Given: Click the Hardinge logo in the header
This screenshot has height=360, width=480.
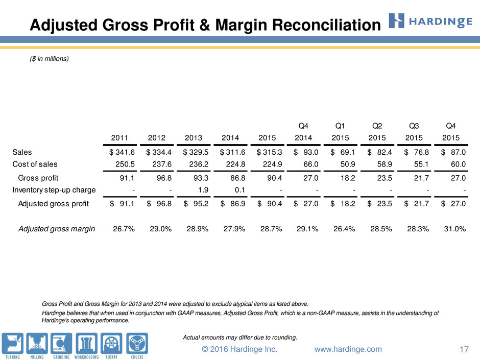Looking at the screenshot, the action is [x=430, y=21].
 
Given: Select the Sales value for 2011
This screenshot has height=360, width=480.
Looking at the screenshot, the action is [x=122, y=152].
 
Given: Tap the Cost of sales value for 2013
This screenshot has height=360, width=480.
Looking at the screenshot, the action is [x=199, y=164].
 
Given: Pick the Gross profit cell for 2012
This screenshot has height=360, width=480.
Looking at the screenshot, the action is [x=164, y=178].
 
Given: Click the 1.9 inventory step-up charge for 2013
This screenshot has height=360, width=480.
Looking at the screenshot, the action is [x=203, y=190].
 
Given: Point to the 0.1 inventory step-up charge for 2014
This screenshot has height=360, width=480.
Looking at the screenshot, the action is [x=239, y=190].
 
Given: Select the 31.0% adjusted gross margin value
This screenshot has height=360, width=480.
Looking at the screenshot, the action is [x=455, y=229].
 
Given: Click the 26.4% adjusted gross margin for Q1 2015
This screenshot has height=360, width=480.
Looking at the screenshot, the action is [x=344, y=229].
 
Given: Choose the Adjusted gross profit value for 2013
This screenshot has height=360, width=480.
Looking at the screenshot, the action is [x=196, y=204].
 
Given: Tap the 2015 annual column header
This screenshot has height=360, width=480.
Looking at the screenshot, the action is [x=267, y=138].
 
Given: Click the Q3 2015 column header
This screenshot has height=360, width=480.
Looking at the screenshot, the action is [x=414, y=132].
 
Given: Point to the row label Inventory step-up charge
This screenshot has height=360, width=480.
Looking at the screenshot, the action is [x=54, y=190].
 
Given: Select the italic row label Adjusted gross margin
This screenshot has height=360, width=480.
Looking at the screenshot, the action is [x=57, y=229].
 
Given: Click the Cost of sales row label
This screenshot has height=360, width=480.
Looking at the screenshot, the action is [x=35, y=164].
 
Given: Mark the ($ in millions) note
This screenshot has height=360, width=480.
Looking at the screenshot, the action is [x=50, y=59].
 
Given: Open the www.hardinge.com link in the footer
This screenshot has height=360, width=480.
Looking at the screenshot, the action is [x=348, y=349].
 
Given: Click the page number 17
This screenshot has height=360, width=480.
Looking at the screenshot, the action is [x=464, y=349].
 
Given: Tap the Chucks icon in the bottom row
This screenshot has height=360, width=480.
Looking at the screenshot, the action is [x=137, y=346].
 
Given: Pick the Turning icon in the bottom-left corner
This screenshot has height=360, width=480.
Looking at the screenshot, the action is [x=13, y=346].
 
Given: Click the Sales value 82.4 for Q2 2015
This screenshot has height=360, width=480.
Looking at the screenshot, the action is [x=379, y=152].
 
